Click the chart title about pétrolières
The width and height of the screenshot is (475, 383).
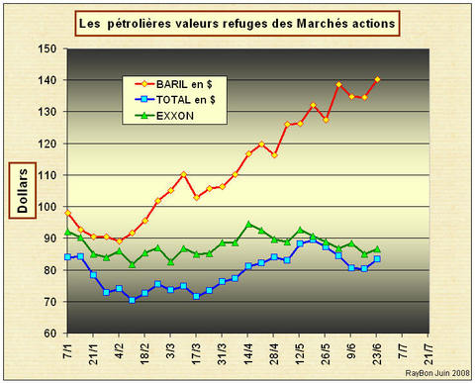pos(237,21)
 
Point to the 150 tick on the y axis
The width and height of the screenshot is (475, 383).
pos(47,48)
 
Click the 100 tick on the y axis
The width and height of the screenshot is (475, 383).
pos(47,207)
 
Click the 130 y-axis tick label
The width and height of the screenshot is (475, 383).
pos(47,112)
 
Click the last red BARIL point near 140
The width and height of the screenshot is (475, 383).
pos(377,79)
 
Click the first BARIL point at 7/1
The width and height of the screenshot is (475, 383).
pos(67,213)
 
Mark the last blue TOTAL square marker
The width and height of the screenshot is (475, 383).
pos(377,259)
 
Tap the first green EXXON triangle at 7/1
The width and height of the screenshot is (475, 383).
pos(67,232)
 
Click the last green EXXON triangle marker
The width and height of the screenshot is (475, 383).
pos(377,249)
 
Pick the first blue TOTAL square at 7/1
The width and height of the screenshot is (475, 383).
pos(67,257)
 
